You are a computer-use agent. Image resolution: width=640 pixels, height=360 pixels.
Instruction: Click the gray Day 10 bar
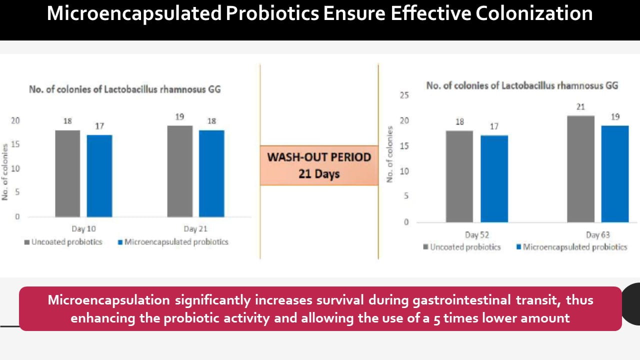pos(67,173)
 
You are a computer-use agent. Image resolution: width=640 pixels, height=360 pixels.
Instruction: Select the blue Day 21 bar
pos(211,173)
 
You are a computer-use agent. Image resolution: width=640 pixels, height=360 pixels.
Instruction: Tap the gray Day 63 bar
pos(581,168)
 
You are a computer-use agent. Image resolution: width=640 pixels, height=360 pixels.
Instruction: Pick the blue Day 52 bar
pos(494,178)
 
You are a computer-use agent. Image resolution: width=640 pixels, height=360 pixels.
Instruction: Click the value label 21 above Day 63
pos(580,107)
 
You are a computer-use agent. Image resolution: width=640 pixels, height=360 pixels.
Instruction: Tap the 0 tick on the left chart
pos(17,217)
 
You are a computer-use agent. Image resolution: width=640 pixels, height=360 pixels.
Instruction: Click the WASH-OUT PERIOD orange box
pos(319,165)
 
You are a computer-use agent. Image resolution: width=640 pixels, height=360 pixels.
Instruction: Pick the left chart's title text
pos(125,90)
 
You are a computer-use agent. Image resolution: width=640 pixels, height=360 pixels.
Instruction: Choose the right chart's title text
pos(522,85)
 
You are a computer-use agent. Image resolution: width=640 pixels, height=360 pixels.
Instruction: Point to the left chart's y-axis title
pos(5,172)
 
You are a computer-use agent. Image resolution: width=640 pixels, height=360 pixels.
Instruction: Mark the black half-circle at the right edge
pos(631,304)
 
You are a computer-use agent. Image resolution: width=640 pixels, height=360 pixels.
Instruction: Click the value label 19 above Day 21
pos(180,117)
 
